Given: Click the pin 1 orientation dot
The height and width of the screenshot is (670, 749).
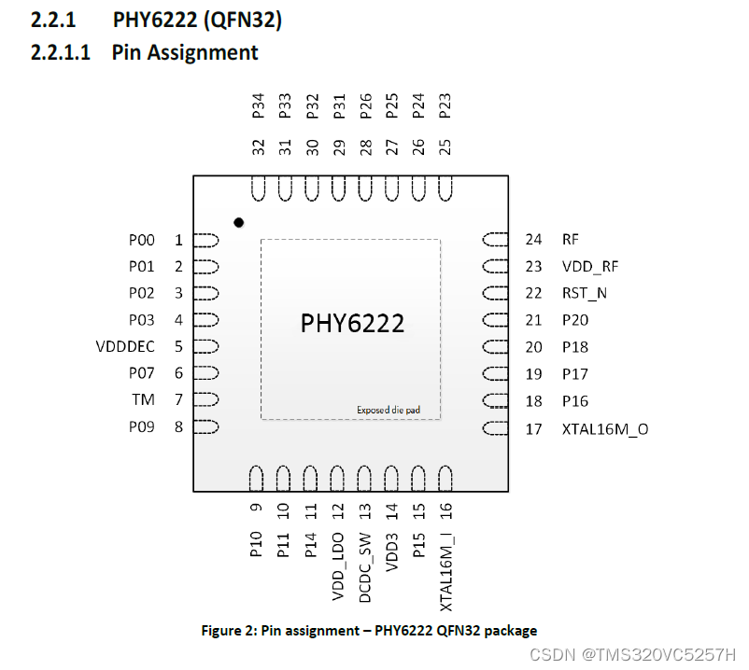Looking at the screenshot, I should [239, 222].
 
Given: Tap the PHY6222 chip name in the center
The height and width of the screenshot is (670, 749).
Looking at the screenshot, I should [352, 323].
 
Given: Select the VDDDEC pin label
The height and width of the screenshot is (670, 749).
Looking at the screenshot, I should [125, 347].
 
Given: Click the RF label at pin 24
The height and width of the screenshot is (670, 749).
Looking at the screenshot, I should [572, 240].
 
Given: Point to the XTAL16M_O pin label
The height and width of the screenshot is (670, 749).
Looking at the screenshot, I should [604, 429].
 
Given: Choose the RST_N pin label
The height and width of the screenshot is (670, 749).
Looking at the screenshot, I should [585, 293].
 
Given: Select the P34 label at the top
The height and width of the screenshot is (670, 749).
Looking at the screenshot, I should [258, 105].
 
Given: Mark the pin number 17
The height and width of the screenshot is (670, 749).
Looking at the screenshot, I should [533, 429].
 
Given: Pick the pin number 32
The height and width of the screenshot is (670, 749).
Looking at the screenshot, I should [258, 147].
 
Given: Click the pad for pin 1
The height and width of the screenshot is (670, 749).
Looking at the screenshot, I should [206, 241].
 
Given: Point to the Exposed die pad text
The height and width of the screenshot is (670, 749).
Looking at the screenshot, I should [385, 410].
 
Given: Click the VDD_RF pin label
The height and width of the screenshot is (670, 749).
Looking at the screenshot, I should [590, 267].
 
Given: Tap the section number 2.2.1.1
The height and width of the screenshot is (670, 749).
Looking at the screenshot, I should [60, 51].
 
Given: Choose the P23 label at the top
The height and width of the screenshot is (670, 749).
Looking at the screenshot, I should [445, 105].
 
